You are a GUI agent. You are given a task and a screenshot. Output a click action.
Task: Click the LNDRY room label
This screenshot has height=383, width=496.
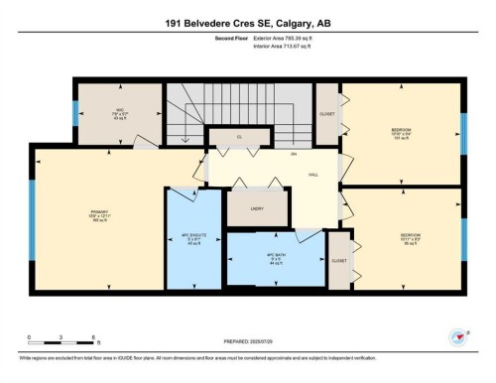[256, 210]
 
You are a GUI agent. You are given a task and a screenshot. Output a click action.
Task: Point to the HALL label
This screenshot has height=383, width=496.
[313, 175]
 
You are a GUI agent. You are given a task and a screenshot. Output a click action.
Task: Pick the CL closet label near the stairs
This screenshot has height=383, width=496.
[239, 136]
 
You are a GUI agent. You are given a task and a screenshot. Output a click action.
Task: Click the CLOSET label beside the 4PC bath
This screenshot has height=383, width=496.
[339, 260]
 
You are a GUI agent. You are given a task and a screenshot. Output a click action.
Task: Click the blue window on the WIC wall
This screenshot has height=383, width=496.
[75, 112]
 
